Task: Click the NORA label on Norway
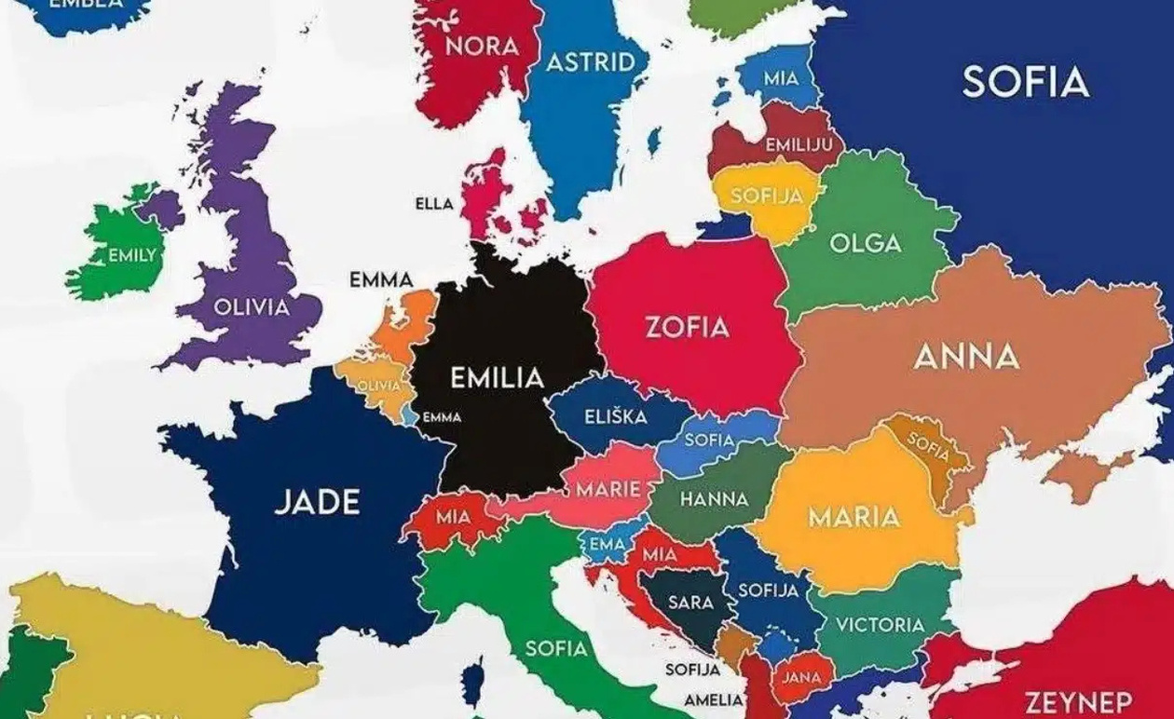tap(482, 46)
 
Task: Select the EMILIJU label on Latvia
tap(798, 145)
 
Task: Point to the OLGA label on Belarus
tap(865, 244)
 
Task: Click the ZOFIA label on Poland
tap(688, 327)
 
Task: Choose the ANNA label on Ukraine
tap(966, 357)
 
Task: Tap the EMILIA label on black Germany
tap(497, 378)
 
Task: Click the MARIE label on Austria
tap(607, 489)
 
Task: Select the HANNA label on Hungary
tap(714, 499)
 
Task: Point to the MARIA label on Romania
tap(853, 517)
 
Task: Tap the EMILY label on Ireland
tap(131, 255)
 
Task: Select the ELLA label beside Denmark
tap(434, 204)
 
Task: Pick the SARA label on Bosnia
tap(690, 603)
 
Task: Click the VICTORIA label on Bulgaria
tap(880, 625)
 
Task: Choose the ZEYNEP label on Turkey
tap(1078, 701)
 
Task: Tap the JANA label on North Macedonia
tap(800, 677)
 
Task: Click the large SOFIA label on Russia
tap(1025, 82)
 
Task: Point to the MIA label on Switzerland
tap(453, 514)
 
